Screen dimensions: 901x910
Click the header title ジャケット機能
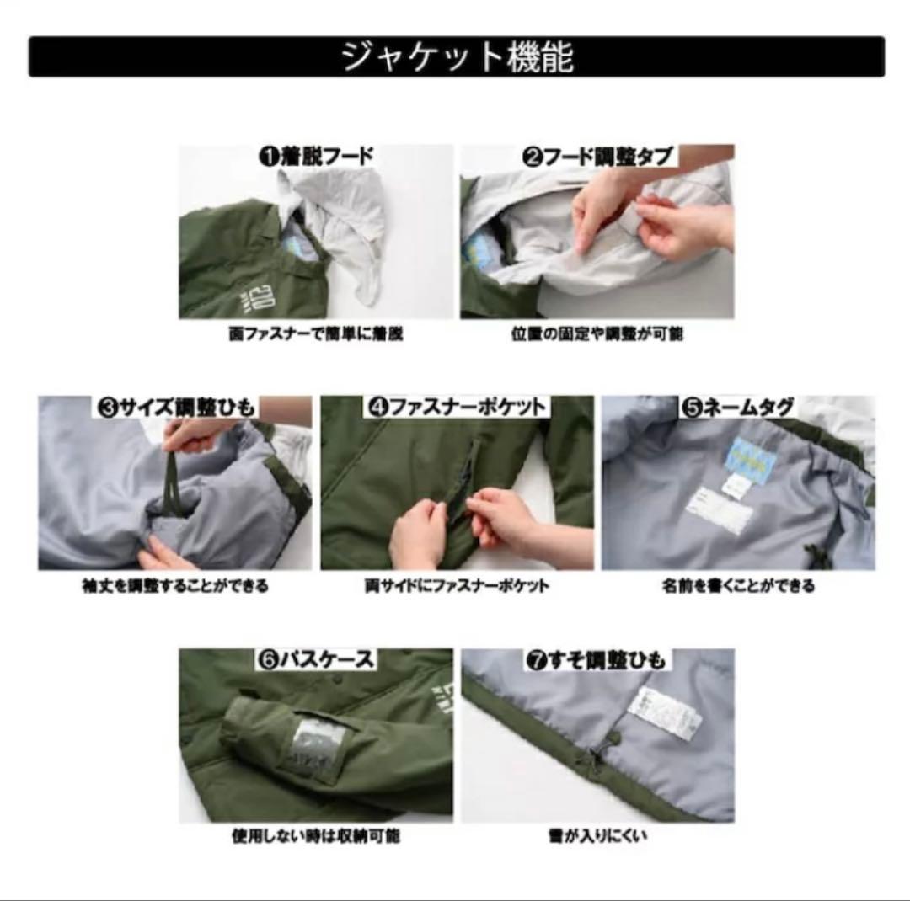coord(457,57)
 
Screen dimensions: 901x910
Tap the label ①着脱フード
coord(316,157)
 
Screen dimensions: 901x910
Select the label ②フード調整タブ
coord(598,157)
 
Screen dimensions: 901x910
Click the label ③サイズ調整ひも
coord(175,408)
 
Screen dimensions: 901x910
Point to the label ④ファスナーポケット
coord(458,408)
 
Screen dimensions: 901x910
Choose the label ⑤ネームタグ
coord(738,408)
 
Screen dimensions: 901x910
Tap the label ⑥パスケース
coord(316,659)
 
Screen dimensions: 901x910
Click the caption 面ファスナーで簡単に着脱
coord(316,334)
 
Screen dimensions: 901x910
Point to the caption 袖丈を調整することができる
coord(175,586)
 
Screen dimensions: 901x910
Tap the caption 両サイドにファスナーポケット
coord(457,586)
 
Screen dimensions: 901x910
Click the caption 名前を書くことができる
coord(738,586)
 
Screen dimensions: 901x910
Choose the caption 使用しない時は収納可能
coord(316,837)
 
